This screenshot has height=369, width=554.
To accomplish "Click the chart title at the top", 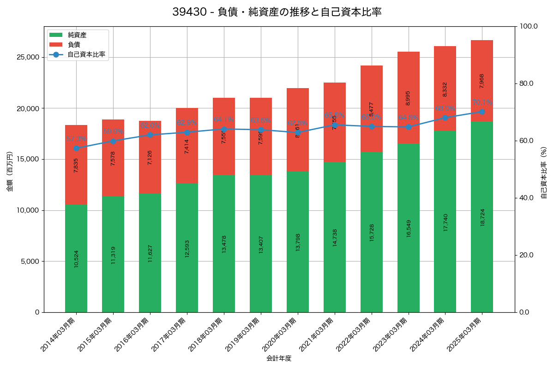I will (277, 12).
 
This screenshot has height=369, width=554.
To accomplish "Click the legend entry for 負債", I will (74, 45).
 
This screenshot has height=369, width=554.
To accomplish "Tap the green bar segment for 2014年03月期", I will (76, 258).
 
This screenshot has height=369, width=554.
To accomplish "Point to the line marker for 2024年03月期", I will (445, 118).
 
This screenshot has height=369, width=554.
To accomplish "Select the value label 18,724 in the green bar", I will (482, 217).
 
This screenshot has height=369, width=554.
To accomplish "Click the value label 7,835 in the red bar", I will (76, 165).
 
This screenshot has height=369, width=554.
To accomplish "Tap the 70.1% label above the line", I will (482, 102).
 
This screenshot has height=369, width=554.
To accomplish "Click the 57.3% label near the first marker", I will (76, 139).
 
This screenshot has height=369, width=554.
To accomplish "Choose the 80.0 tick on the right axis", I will (526, 83).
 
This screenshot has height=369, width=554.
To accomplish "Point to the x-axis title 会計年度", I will (279, 358).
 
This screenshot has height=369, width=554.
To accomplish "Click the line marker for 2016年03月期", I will (150, 135).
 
